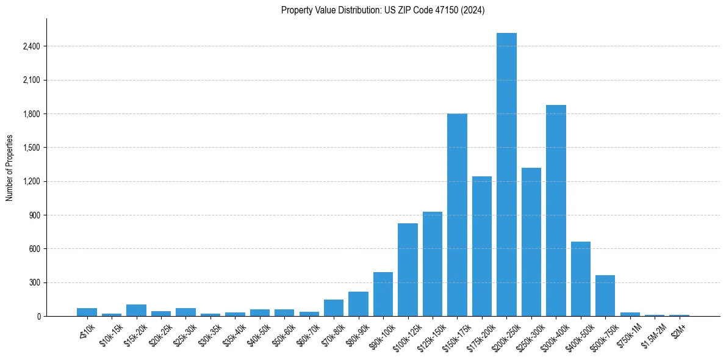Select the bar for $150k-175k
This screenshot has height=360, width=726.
(x=457, y=215)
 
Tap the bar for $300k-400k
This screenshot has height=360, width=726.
(x=556, y=211)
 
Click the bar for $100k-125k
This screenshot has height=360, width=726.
(x=408, y=270)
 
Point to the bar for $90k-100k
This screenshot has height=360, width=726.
(x=383, y=294)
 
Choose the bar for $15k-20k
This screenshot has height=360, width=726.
(x=136, y=310)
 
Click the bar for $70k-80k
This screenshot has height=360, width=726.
(x=334, y=308)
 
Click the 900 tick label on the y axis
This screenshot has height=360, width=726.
(x=34, y=215)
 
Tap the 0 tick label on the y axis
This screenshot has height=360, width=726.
(x=38, y=317)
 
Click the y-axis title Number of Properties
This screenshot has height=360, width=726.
(x=9, y=167)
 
